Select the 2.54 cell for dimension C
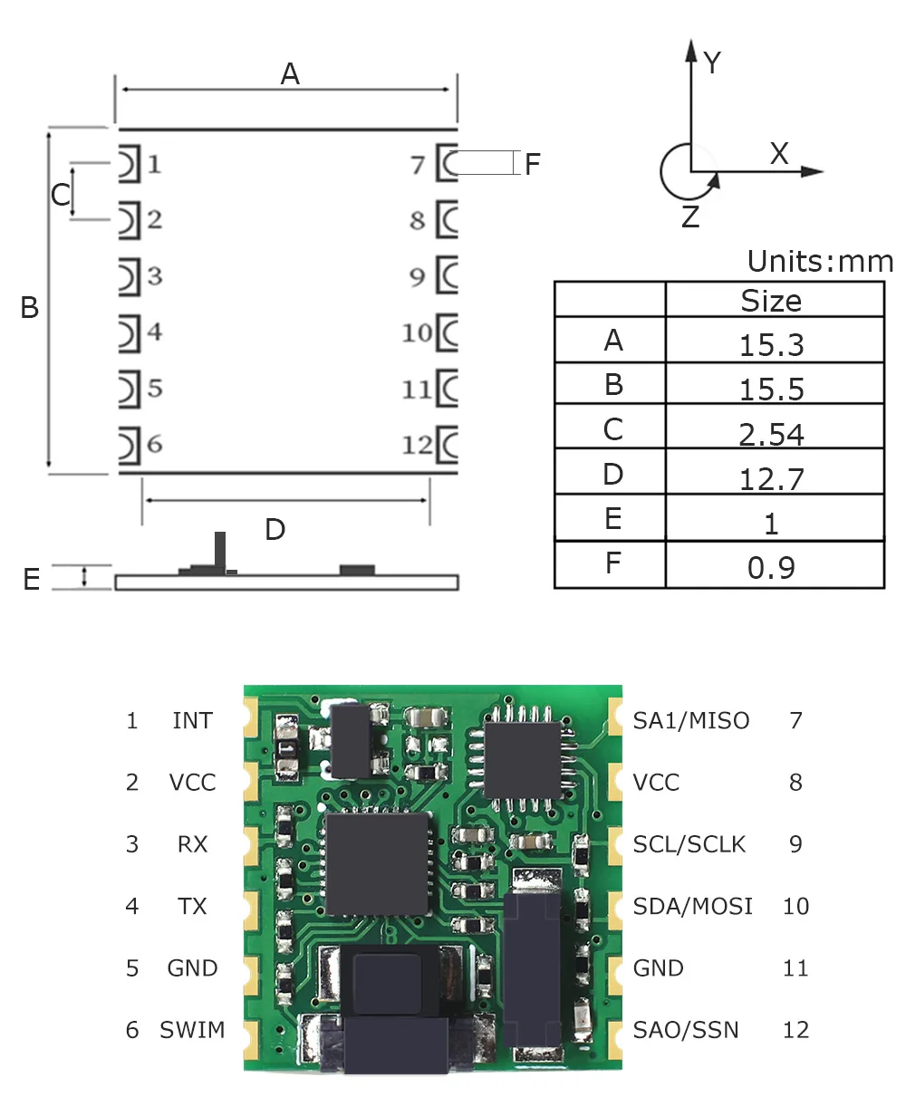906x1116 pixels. [x=771, y=434]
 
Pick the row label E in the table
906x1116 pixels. [x=613, y=519]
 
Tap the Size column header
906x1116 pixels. [x=771, y=301]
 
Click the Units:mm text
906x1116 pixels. [x=819, y=262]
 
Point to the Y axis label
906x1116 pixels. [x=712, y=63]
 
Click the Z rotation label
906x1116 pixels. [x=690, y=217]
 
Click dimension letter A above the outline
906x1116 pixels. [x=290, y=73]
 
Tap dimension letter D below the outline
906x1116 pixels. [x=275, y=529]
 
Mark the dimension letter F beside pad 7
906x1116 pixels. [x=533, y=164]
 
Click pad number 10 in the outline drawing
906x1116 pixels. [x=418, y=333]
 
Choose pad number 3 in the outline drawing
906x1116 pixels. [x=155, y=275]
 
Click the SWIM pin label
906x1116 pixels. [x=192, y=1030]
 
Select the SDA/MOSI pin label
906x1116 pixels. [x=692, y=906]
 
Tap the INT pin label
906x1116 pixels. [x=192, y=721]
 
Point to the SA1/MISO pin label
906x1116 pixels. [x=691, y=721]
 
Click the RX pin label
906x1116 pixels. [x=192, y=844]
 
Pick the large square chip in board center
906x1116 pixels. [x=377, y=863]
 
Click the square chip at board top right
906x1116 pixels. [x=523, y=760]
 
